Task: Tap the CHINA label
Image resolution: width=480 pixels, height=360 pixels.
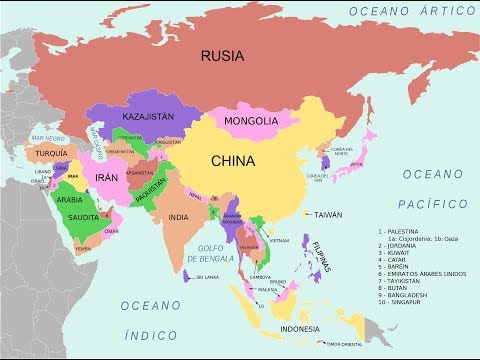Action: pos(232,160)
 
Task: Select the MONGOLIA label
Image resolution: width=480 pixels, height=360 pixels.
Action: pos(250,121)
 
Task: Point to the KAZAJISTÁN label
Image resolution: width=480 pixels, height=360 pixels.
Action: pos(147,117)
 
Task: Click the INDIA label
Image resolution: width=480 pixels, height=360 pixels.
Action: pos(179,217)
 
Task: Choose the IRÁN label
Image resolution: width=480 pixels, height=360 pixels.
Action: pos(106,177)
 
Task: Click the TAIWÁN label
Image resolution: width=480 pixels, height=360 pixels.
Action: pos(328,215)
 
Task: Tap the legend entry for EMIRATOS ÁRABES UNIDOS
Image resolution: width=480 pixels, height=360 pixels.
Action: pos(422,273)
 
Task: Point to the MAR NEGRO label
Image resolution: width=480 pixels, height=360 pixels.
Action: pos(47,137)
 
